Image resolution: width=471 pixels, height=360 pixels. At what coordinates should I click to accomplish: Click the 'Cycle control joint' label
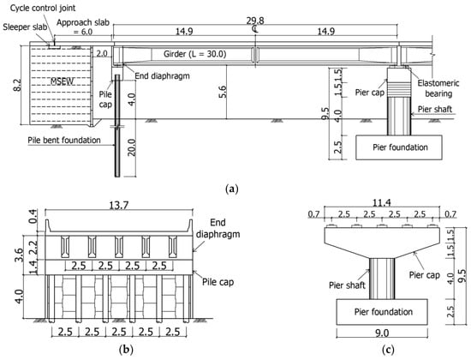point(43,8)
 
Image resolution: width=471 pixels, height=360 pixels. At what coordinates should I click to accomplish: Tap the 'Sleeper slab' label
point(25,27)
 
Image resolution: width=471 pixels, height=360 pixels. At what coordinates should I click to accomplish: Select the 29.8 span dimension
point(255,21)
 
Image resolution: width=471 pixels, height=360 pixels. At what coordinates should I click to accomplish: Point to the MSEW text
point(62,81)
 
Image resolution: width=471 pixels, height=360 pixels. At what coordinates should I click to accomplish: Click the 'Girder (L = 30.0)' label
point(195,54)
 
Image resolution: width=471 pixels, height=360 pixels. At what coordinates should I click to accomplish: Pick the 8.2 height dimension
point(17,85)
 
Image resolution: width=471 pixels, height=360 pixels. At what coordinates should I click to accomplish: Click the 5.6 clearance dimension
point(223,92)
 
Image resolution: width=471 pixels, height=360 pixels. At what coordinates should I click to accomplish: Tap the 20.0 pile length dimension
point(132,147)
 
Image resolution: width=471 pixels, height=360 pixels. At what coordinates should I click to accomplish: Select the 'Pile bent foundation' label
point(64,141)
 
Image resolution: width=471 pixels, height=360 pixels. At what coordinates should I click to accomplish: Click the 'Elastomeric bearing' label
point(438,88)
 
